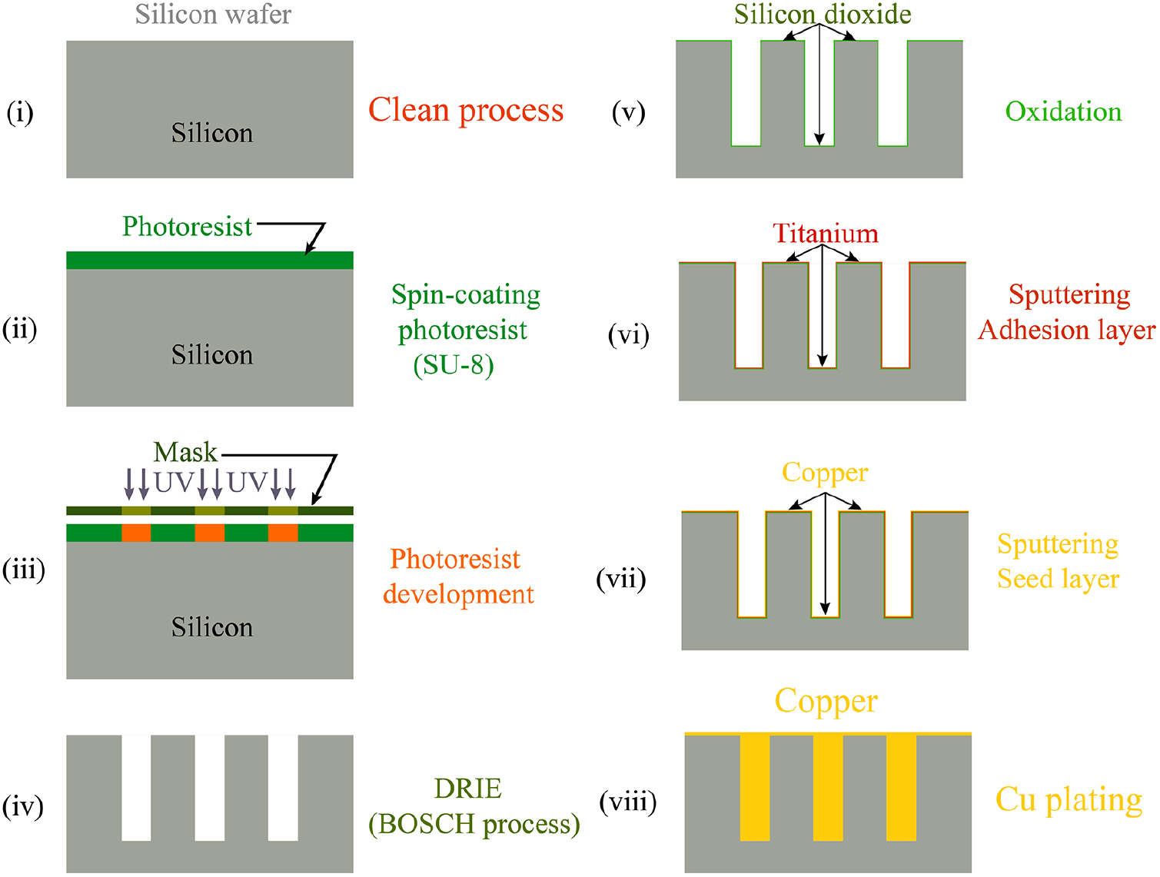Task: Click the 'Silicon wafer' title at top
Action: point(213,15)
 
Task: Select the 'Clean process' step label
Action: point(466,111)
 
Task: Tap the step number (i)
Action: point(20,113)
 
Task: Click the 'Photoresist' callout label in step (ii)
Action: point(187,227)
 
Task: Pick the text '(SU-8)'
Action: point(454,364)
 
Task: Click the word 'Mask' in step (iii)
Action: point(185,452)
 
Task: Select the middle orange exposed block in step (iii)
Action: point(210,533)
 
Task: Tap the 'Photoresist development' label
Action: point(458,576)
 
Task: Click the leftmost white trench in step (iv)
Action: point(136,788)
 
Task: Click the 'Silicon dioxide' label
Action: point(823,15)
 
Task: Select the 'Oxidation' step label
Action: point(1063,112)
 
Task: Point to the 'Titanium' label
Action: point(825,234)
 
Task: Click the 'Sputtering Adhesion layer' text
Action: point(1067,312)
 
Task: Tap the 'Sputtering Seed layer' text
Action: point(1058,561)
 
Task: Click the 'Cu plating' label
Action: point(1069,799)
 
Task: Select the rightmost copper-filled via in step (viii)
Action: point(901,788)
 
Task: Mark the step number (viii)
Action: point(628,802)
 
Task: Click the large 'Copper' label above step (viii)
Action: point(826,701)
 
